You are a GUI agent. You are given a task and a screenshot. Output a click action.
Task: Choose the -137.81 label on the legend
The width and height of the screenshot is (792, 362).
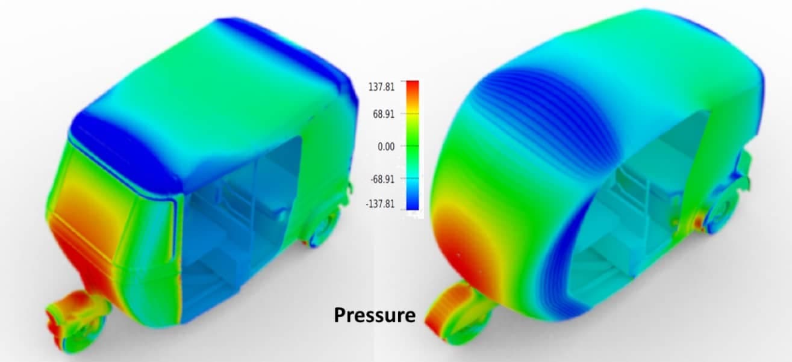point(380,204)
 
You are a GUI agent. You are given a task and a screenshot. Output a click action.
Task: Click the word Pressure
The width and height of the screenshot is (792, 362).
point(375,314)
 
